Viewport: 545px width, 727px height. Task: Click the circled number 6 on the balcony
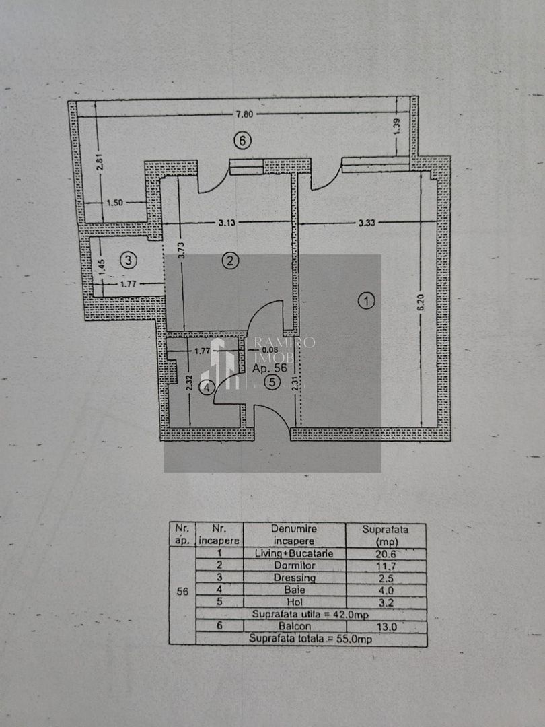242,140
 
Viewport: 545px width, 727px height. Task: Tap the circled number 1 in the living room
366,300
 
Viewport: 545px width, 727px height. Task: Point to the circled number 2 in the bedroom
231,261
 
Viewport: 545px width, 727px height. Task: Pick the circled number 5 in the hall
272,382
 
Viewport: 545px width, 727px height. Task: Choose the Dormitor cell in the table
294,565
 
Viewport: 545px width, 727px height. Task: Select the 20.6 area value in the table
386,553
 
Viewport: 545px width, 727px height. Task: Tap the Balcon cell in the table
294,626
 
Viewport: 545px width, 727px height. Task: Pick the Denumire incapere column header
294,534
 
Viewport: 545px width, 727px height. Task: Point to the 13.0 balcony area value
386,626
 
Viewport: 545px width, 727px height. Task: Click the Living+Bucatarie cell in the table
294,553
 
